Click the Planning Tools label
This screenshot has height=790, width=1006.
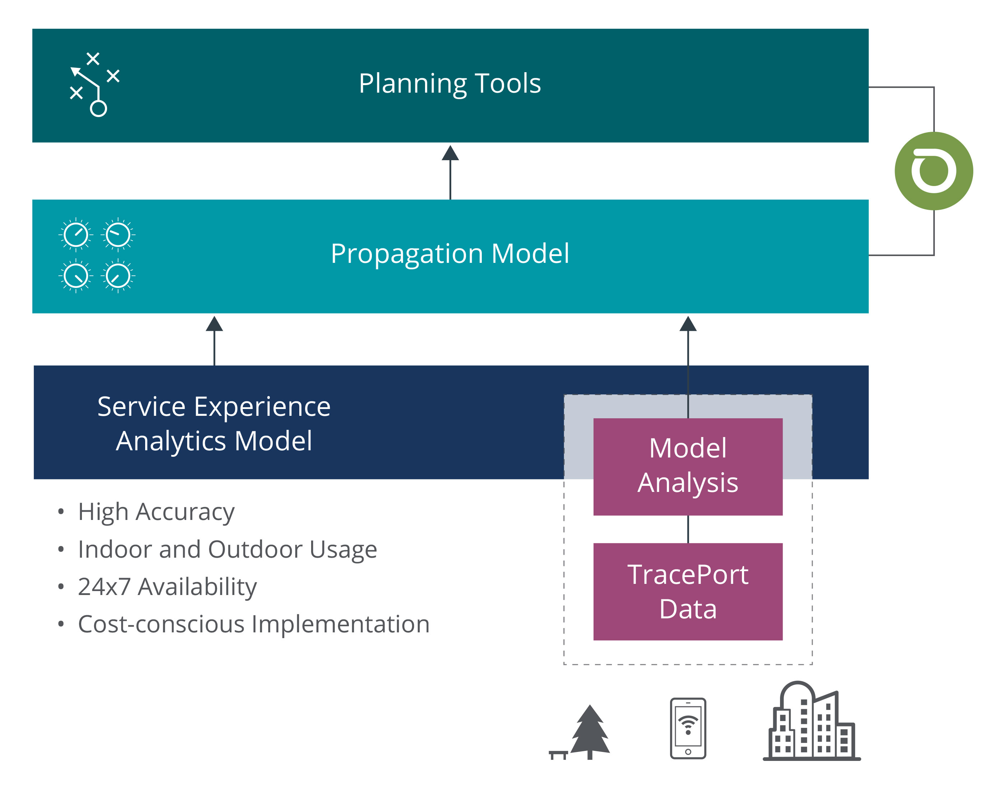(450, 84)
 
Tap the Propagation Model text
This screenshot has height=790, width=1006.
(450, 254)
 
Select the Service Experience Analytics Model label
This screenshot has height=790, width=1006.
(214, 424)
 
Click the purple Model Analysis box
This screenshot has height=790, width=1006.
(688, 467)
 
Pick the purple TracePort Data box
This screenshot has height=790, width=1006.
(688, 591)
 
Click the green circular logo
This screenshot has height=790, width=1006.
(934, 171)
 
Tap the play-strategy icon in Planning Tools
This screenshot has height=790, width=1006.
(95, 84)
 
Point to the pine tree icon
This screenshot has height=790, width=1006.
(590, 732)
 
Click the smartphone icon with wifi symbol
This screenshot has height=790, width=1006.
(688, 729)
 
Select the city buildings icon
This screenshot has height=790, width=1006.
(812, 721)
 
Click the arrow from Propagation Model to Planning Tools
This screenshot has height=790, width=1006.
(450, 172)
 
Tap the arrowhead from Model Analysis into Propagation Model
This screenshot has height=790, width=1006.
(688, 324)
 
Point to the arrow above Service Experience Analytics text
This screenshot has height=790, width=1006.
(214, 340)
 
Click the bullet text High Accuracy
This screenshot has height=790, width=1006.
(156, 512)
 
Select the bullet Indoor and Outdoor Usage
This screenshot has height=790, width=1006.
(228, 549)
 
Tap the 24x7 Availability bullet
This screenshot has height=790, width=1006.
(167, 587)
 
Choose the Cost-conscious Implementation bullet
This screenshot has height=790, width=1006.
(254, 624)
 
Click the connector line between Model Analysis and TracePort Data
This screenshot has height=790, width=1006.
(688, 530)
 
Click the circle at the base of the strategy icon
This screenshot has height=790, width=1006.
(98, 109)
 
